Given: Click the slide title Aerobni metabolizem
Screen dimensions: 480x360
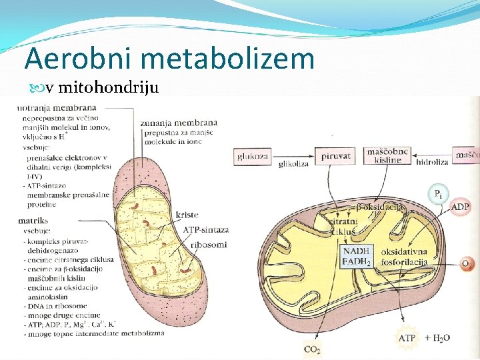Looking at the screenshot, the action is pos(169,59).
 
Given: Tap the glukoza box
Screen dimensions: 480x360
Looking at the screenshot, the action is pos(253,157).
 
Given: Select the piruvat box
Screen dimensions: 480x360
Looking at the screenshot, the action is pos(335,156).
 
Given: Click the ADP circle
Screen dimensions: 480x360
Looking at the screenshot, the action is pos(461,207).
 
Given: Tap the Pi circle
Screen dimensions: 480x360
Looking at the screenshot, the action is pos(437,195).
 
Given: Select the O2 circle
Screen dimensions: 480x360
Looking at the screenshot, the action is pos(467,264).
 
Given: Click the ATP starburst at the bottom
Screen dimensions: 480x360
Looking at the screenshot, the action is pos(407,338).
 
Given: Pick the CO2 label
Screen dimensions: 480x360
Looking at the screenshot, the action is pos(312,349).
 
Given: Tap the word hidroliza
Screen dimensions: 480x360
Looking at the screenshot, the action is pos(431,161).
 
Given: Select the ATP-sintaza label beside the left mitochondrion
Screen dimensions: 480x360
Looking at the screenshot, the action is pos(206,229).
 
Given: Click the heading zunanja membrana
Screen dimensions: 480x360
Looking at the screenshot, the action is pos(179,123).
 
